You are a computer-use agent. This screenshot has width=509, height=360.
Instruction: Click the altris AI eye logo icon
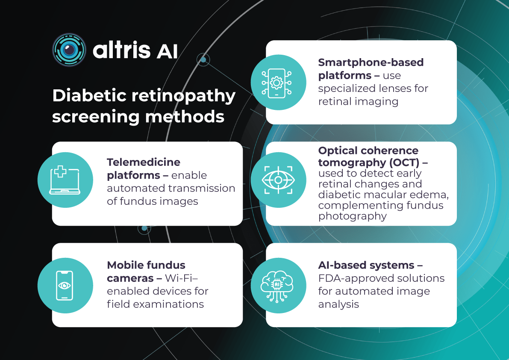point(69,50)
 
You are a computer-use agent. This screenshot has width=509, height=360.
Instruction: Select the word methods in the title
point(185,117)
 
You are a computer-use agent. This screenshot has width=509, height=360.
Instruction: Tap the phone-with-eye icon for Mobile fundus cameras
point(65,286)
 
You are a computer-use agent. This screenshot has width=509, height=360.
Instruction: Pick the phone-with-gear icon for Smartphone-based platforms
point(277,83)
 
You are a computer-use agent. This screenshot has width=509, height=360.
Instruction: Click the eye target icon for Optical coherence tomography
point(278,180)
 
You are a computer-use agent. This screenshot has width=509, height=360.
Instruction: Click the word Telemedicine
point(144,162)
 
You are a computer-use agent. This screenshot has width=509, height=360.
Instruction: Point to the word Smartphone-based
point(371,62)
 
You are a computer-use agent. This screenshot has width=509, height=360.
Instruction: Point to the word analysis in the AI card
point(338,304)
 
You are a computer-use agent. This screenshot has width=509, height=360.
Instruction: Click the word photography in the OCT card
point(352,216)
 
